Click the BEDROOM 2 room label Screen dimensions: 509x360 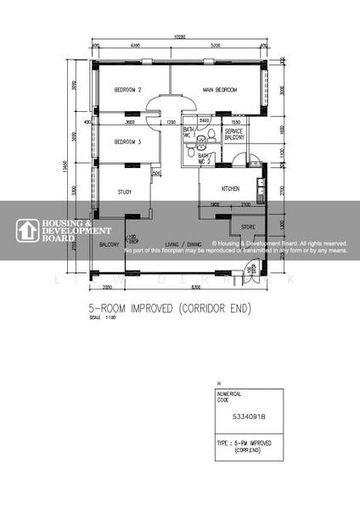point(127,90)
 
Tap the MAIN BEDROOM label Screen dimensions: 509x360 point(219,90)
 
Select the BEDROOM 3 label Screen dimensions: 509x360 point(127,142)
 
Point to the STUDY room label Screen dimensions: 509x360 point(125,193)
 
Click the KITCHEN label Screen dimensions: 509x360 point(230,188)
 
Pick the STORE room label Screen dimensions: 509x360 point(248,227)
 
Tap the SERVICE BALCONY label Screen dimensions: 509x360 point(233,137)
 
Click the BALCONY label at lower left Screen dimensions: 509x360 point(109,244)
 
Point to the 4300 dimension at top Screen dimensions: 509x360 point(134,44)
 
